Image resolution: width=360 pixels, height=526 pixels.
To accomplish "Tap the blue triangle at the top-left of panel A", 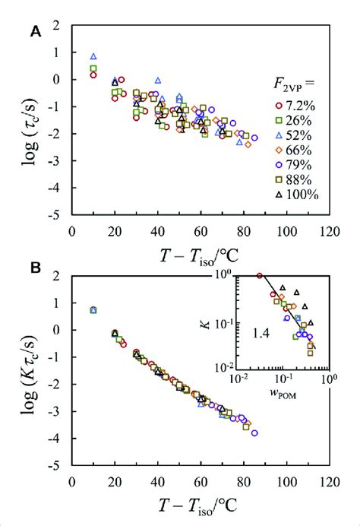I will [x=93, y=56].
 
